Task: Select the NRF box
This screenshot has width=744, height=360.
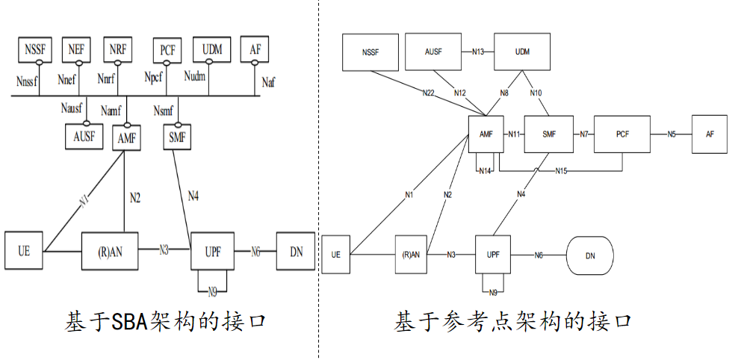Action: click(117, 49)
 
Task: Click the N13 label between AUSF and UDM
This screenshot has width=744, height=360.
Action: click(478, 52)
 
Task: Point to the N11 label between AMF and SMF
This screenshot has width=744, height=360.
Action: click(513, 134)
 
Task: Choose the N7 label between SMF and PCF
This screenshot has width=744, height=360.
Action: click(584, 134)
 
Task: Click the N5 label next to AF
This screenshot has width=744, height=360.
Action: click(672, 134)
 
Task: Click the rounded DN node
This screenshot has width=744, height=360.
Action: click(590, 256)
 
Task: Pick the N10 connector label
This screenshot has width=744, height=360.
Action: click(536, 93)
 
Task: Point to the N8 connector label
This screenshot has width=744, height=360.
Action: click(504, 93)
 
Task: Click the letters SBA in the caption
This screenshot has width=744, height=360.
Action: click(131, 322)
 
